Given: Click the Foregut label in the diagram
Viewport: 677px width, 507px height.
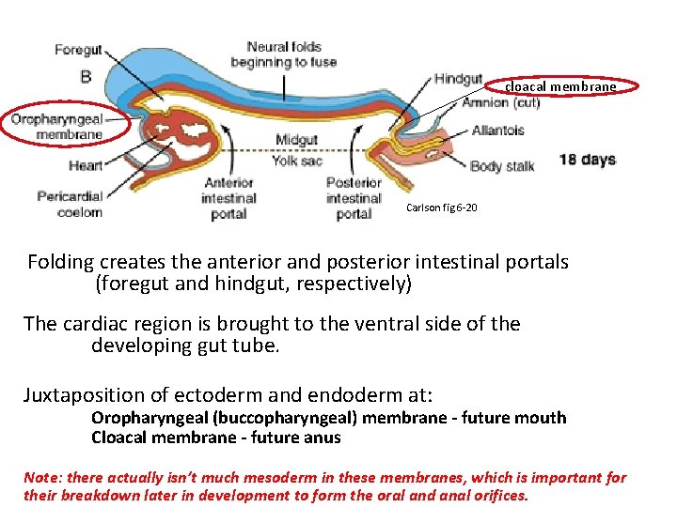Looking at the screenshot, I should click(78, 50).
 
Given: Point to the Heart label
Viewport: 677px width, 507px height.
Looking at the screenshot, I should click(86, 166).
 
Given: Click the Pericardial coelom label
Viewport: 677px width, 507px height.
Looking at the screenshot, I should click(70, 204).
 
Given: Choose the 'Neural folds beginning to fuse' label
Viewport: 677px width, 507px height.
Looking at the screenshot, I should click(282, 54).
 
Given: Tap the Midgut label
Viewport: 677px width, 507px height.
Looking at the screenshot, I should click(296, 141).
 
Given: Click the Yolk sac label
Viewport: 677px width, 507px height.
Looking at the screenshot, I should click(296, 161).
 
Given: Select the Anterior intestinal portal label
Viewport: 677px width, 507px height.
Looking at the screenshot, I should click(228, 198).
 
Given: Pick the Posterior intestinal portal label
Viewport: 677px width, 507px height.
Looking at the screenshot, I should click(354, 198).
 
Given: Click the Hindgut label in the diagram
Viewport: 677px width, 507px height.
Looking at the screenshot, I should click(458, 80).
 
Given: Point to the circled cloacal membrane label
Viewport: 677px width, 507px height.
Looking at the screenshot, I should click(560, 87).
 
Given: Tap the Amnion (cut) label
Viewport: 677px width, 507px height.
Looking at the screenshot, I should click(500, 103).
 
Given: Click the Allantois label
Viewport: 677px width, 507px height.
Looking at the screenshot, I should click(497, 131).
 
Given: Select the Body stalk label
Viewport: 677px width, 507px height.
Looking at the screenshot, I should click(502, 166).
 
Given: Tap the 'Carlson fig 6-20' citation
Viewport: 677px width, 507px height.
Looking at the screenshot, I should click(442, 207).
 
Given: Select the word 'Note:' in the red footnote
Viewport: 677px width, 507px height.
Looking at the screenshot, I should click(42, 478).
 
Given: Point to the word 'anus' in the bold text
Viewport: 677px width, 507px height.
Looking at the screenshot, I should click(322, 438).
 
